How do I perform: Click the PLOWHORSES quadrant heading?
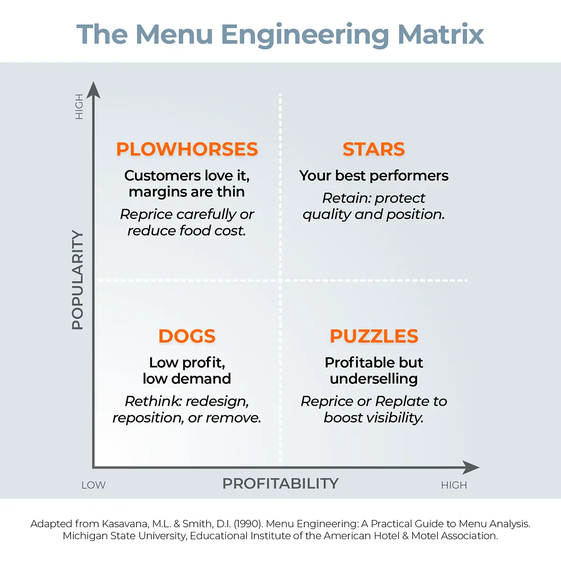(187, 149)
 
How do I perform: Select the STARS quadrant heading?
(374, 149)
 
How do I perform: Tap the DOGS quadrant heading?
(187, 336)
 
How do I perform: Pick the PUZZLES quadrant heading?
(374, 336)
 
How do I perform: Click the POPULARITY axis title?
(78, 280)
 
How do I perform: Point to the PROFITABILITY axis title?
(280, 483)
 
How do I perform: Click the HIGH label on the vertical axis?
(79, 107)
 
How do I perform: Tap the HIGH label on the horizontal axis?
(454, 485)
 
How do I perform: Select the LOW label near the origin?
(93, 485)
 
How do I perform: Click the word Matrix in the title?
(441, 34)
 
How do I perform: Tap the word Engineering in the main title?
(304, 35)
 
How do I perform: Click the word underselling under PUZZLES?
(374, 379)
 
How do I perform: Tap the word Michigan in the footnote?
(86, 536)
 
